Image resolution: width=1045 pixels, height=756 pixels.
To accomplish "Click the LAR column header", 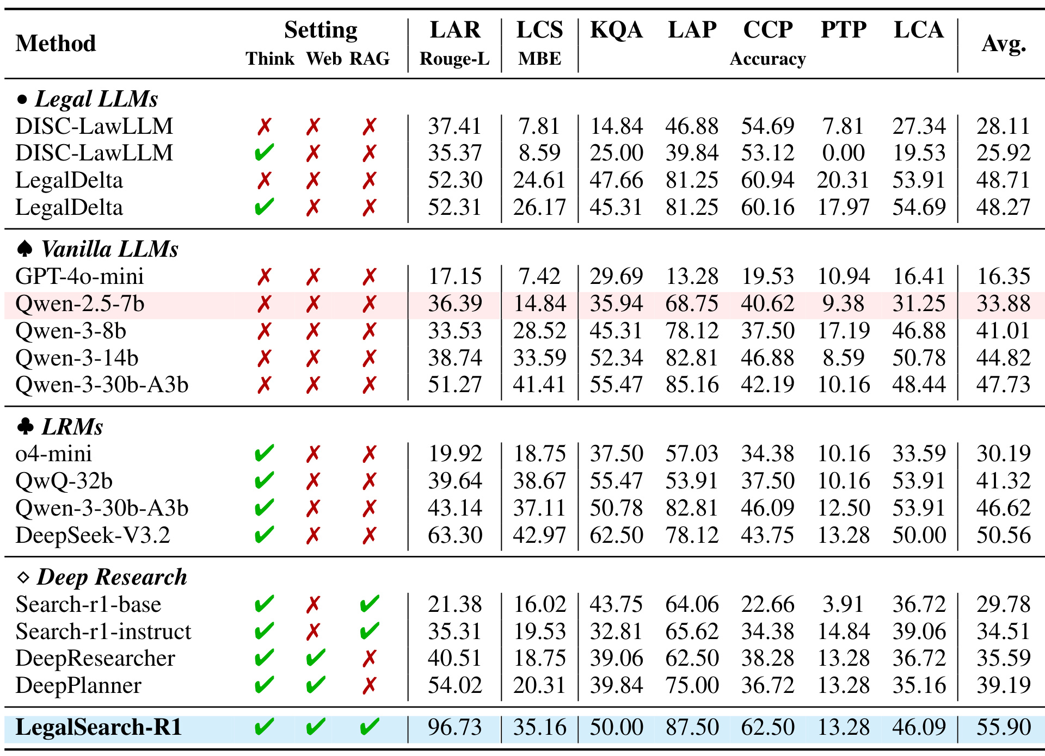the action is (455, 30).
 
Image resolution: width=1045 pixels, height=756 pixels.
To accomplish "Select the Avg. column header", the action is (1004, 44).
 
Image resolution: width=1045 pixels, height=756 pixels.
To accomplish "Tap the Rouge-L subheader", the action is (454, 59).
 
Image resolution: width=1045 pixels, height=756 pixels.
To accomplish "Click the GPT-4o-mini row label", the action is (79, 276).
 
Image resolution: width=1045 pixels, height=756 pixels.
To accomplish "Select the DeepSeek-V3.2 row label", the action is (93, 535).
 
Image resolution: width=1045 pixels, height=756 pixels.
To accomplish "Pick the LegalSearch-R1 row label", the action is (99, 727).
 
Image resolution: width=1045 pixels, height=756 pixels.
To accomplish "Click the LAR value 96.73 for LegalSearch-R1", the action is (455, 727).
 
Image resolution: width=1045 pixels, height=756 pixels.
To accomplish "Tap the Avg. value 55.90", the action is (1004, 727).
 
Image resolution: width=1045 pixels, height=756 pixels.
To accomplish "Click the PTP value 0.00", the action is (843, 153).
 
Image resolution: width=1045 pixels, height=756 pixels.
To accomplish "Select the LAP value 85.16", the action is (692, 385).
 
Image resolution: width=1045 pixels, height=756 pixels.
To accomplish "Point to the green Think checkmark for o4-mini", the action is (264, 454).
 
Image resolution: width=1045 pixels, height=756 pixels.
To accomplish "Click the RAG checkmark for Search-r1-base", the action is (370, 604).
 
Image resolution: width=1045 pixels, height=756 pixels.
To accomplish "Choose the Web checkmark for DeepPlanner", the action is (316, 685).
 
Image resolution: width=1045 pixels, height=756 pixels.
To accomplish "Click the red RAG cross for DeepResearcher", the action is (370, 659).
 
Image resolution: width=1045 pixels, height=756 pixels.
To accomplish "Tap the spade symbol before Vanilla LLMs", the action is (24, 249).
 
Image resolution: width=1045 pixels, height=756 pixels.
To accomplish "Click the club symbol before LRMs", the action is (25, 426).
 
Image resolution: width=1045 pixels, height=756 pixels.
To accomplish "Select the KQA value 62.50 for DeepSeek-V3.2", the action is (616, 535).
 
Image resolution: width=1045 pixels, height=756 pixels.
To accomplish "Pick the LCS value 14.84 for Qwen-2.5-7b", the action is (540, 303).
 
